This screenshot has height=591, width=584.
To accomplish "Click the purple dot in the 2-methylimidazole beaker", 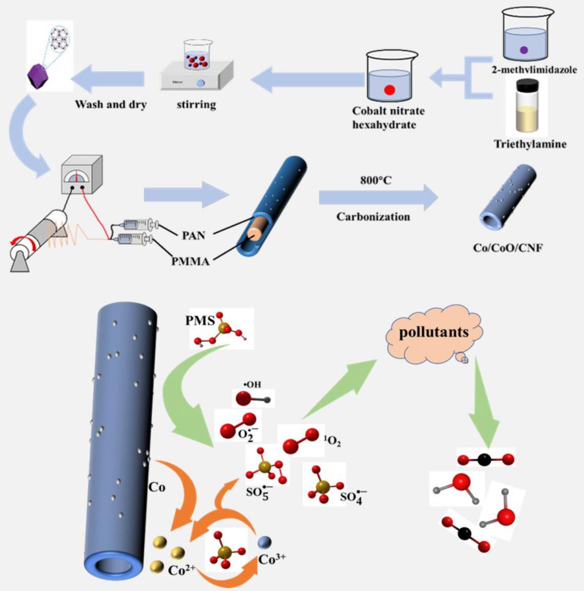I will click(523, 50).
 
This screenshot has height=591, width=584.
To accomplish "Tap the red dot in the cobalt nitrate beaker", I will click(390, 89).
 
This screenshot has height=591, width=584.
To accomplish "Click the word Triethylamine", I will click(530, 144).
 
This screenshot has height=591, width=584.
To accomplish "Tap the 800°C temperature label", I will click(372, 181).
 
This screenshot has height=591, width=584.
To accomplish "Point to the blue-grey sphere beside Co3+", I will click(265, 541).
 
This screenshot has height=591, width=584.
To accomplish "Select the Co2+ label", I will click(182, 568).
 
